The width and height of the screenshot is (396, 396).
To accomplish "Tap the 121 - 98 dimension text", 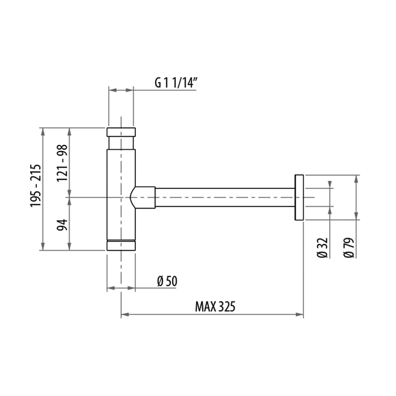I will click(x=62, y=163).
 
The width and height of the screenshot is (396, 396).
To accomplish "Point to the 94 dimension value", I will click(x=62, y=223).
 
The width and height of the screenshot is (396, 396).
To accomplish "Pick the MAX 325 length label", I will click(x=214, y=307).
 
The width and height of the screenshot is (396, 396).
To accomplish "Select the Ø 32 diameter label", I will click(x=322, y=248).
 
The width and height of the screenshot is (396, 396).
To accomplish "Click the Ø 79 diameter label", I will click(x=348, y=248).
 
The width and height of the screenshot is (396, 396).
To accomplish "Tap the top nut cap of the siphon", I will click(x=121, y=133).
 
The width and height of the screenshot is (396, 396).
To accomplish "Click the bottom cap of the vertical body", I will click(x=121, y=245).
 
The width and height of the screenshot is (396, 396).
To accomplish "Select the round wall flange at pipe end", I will click(x=299, y=197).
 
